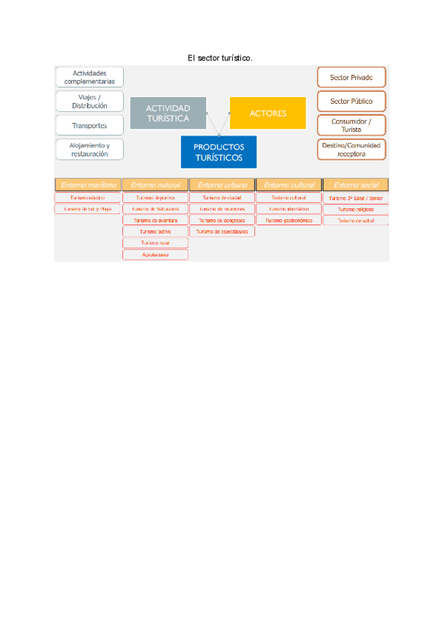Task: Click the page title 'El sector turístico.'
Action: [220, 57]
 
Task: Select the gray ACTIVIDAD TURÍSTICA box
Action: [167, 113]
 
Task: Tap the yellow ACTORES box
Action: [267, 113]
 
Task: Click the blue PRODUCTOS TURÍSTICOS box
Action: [218, 152]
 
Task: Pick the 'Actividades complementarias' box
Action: [90, 77]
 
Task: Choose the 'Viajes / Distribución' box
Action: [90, 102]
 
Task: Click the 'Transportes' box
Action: [90, 126]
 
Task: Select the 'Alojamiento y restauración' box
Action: [90, 149]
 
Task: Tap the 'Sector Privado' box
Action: [351, 77]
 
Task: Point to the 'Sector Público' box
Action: [351, 102]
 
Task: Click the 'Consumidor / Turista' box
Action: [351, 125]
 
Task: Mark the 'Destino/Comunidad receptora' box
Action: [351, 149]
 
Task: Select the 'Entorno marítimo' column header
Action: [87, 185]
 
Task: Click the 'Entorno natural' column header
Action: [155, 185]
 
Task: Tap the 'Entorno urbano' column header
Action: [222, 185]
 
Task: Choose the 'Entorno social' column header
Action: [355, 185]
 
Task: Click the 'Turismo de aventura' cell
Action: [155, 220]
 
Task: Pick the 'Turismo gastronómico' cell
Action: [288, 220]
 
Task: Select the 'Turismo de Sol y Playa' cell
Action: [87, 209]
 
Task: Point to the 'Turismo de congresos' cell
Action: [222, 220]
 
